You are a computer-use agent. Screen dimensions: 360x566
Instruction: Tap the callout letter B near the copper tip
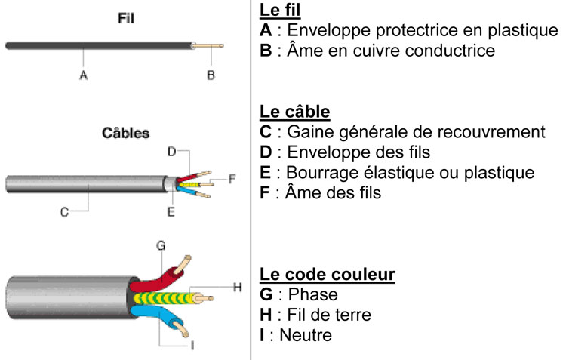click(x=211, y=75)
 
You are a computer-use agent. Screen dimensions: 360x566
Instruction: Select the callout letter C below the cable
click(x=65, y=213)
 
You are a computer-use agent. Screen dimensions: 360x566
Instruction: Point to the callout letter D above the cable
click(x=171, y=152)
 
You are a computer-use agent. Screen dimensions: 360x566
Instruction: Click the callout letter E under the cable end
click(x=171, y=213)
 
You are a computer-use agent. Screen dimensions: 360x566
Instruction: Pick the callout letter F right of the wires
click(x=232, y=179)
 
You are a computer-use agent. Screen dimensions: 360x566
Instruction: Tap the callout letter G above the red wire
click(x=160, y=245)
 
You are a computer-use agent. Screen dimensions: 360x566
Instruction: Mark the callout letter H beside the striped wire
click(x=236, y=286)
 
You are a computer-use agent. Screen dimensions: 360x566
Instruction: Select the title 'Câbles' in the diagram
click(x=126, y=133)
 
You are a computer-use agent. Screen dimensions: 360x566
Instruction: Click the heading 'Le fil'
click(x=285, y=11)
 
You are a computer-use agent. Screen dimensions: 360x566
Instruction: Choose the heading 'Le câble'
click(x=294, y=112)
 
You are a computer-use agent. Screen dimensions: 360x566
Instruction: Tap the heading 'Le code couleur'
click(x=327, y=273)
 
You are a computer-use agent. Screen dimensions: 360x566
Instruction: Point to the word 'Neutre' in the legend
click(x=306, y=334)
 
